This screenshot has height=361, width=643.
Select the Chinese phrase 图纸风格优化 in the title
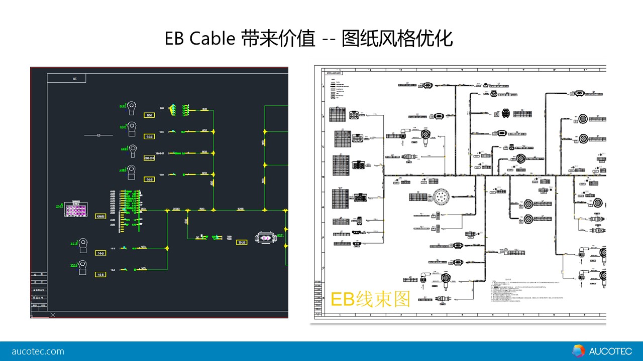click(397, 39)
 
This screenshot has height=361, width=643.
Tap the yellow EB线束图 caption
click(370, 299)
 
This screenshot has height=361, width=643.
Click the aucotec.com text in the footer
click(38, 351)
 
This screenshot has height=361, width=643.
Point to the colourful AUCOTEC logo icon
click(579, 351)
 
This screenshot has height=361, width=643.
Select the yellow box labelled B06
click(149, 115)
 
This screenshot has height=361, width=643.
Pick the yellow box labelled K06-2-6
click(149, 158)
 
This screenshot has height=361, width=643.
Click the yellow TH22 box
click(242, 242)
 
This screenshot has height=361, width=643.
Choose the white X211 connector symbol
click(265, 238)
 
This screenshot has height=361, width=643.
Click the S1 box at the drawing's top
click(74, 78)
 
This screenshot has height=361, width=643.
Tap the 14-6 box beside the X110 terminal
click(100, 253)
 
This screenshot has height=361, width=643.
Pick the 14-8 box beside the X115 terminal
click(100, 274)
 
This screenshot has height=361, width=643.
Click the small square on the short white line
click(98, 135)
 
